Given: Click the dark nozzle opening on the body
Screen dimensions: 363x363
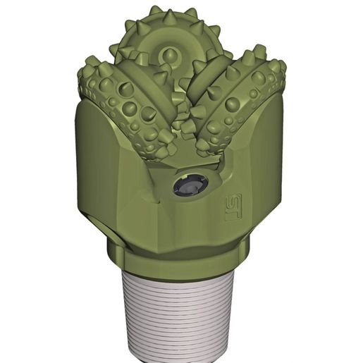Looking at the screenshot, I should click(x=191, y=187).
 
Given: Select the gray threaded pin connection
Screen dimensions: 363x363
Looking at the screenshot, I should click(x=183, y=310).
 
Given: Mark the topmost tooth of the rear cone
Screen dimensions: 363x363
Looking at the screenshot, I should click(x=155, y=10).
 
